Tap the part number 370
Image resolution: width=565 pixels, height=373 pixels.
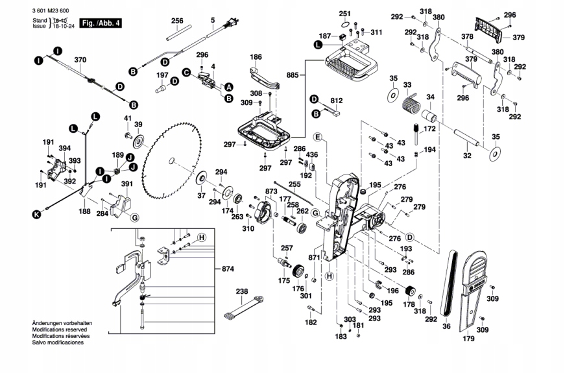click(80, 60)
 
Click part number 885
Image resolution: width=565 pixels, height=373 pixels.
click(293, 75)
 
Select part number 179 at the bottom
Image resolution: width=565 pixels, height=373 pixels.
click(468, 338)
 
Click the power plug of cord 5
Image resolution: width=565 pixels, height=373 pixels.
click(228, 26)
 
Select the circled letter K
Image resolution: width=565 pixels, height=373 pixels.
click(38, 213)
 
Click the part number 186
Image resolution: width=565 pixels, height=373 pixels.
click(256, 57)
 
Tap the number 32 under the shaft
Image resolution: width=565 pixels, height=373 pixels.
click(466, 156)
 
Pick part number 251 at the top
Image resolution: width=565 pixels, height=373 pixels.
click(344, 14)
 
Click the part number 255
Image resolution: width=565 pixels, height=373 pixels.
click(295, 184)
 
